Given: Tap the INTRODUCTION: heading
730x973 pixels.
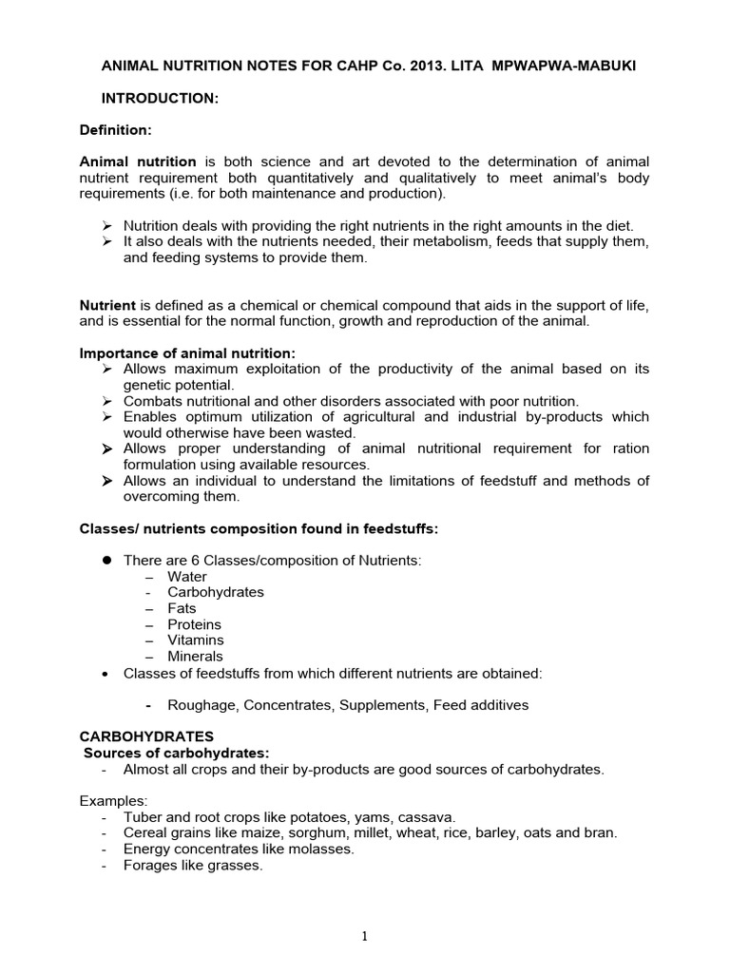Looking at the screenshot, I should tap(161, 98).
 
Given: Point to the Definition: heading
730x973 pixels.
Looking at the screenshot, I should tap(116, 129).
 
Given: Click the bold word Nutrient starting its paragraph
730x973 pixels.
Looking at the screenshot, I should tap(107, 305).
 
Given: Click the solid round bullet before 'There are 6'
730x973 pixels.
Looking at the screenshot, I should tap(107, 561).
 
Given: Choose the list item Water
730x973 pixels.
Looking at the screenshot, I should tap(187, 577).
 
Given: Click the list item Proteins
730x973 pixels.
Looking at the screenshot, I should tap(194, 624).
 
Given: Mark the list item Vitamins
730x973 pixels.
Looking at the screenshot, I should tap(195, 640).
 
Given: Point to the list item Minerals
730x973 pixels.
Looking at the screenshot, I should tap(195, 657).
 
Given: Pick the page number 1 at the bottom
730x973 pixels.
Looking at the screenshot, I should tap(364, 936).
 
